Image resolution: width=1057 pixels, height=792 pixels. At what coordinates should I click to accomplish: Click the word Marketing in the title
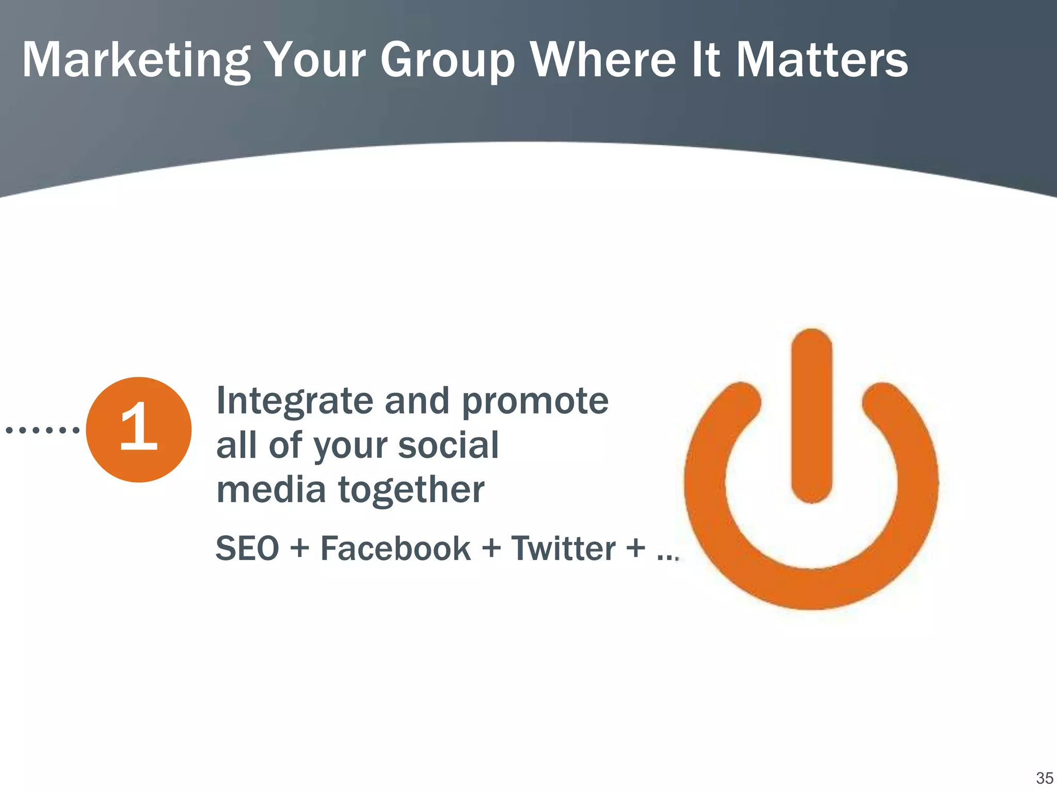(136, 61)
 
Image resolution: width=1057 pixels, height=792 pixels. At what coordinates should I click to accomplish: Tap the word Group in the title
(447, 61)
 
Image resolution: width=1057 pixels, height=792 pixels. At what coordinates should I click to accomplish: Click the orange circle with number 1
(139, 430)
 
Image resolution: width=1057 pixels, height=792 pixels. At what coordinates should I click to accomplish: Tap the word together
(411, 490)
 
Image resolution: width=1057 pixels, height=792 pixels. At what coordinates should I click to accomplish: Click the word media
(271, 490)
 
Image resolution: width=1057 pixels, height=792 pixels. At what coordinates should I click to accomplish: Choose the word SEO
(247, 548)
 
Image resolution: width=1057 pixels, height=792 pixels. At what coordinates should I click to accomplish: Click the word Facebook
(395, 548)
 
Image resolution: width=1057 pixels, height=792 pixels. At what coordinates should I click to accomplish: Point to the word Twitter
(563, 548)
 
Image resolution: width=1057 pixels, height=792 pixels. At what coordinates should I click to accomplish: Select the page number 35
(1044, 778)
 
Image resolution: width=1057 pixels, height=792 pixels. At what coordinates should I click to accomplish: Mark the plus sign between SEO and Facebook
(299, 548)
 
